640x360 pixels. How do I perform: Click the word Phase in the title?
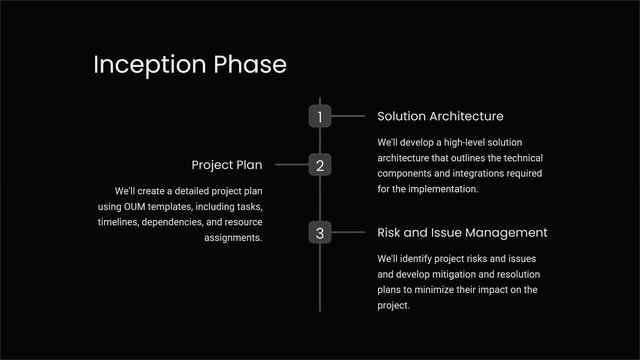pos(250,65)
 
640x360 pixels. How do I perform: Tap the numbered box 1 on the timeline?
pos(320,117)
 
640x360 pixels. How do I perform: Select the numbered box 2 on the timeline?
pos(320,165)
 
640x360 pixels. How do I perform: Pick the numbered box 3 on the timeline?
pos(320,233)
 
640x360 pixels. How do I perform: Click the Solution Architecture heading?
pos(440,117)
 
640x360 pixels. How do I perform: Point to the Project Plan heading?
pos(226,164)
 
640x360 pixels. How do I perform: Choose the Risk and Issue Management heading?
pos(462,232)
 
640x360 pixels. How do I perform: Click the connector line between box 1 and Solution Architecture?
pos(348,117)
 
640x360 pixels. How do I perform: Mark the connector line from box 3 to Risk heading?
pos(348,233)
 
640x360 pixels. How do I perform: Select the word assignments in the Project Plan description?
pos(233,238)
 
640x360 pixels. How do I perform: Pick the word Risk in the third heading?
pos(391,232)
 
